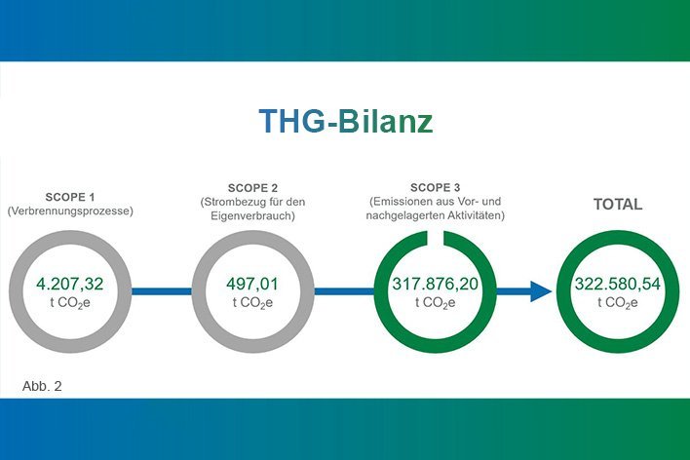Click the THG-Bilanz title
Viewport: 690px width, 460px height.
point(346,121)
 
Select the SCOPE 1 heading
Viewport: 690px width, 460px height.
point(70,197)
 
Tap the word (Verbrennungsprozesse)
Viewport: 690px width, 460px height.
point(70,211)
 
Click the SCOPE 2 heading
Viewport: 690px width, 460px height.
point(252,188)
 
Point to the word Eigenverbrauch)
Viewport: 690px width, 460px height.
point(252,216)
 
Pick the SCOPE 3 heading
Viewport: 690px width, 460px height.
point(436,187)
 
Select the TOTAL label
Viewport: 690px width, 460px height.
point(618,205)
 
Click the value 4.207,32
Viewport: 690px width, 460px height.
point(70,284)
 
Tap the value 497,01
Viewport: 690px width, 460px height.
point(252,284)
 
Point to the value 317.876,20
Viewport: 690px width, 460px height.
point(436,284)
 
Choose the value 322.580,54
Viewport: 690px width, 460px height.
point(618,284)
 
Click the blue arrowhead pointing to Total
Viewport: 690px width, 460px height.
point(540,291)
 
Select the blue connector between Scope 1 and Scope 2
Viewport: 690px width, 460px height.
point(162,291)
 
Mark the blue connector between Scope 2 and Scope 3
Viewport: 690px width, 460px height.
point(344,291)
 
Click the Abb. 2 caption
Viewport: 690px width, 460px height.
point(42,386)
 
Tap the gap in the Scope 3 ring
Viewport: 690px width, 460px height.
point(436,238)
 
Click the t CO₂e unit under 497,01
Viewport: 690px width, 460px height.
point(252,303)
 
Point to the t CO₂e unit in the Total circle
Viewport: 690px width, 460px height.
point(618,303)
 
